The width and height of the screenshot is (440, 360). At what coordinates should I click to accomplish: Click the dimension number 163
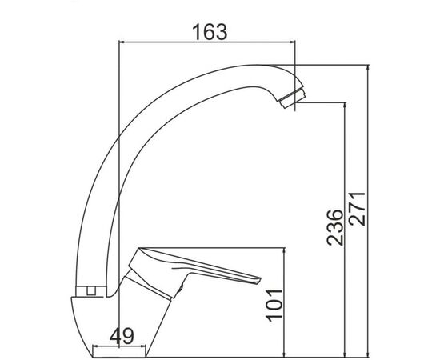(x=210, y=32)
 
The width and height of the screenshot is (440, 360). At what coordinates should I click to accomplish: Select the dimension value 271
(x=357, y=209)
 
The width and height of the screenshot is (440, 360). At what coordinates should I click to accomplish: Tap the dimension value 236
(x=335, y=227)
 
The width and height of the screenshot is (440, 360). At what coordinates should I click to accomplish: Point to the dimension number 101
(x=274, y=306)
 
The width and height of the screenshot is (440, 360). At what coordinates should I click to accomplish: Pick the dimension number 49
(x=122, y=336)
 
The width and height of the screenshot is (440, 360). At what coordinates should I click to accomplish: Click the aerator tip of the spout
(x=293, y=98)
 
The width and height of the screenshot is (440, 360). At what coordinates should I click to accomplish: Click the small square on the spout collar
(x=90, y=290)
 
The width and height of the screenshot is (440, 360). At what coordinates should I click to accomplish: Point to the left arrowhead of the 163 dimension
(x=122, y=42)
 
